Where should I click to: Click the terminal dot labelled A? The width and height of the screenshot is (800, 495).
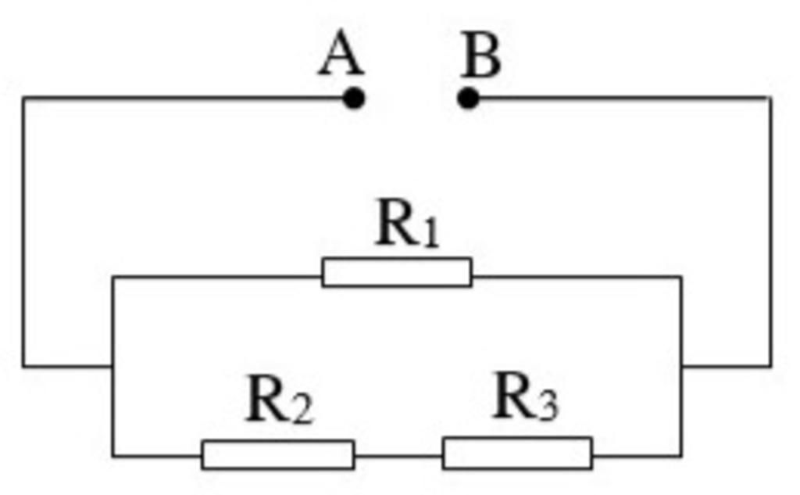(x=354, y=99)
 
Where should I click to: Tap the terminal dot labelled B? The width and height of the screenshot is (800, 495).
(x=468, y=99)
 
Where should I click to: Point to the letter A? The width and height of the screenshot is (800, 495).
(x=341, y=56)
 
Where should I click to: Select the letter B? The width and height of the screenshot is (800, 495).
(x=480, y=56)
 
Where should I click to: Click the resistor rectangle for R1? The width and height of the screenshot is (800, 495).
(x=397, y=272)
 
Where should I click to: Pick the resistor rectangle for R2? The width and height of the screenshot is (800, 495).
(x=277, y=454)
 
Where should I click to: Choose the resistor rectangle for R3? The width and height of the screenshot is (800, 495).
(x=517, y=454)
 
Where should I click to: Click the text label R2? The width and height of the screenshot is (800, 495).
(x=279, y=400)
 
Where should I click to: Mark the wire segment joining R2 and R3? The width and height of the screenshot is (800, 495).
(x=398, y=454)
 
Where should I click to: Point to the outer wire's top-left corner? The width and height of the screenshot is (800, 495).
(x=23, y=98)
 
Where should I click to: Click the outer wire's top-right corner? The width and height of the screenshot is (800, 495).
(x=770, y=98)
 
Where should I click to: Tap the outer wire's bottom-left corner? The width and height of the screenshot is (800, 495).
(x=23, y=365)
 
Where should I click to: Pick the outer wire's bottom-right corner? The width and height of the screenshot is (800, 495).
(x=770, y=365)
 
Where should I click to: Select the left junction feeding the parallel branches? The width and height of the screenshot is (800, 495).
(x=113, y=365)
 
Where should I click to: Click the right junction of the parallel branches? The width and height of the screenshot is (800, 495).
(x=681, y=365)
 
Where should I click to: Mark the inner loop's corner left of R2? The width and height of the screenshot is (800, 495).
(x=113, y=455)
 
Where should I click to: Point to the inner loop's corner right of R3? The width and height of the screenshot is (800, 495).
(x=681, y=455)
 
